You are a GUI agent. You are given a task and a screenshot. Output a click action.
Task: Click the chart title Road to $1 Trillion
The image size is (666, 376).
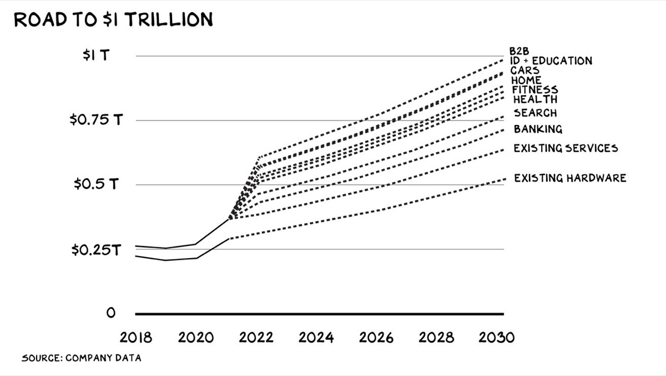point(113,19)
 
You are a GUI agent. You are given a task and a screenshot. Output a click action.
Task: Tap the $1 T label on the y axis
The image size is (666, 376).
point(95,56)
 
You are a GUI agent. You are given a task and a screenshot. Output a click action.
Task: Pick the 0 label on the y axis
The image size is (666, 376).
point(111,313)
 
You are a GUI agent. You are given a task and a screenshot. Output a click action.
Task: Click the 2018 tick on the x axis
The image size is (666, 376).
point(135,338)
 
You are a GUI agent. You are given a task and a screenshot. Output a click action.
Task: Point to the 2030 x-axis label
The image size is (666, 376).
point(497,338)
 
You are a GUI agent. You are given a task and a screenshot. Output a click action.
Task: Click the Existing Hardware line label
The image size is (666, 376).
point(570,178)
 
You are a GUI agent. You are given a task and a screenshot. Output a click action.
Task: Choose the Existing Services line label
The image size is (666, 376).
point(566,148)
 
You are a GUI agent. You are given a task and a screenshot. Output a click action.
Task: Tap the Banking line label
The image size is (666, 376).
point(538,129)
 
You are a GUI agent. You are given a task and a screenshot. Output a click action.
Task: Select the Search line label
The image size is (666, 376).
point(535,113)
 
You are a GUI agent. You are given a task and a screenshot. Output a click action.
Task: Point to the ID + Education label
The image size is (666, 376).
point(551,61)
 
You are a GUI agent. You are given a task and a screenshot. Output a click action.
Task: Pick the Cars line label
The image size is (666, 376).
point(525,71)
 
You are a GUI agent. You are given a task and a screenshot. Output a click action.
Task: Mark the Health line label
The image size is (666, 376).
point(535,99)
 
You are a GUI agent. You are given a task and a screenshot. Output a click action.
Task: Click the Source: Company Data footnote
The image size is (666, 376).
point(81,358)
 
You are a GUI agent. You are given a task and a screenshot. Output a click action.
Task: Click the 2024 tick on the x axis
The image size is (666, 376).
point(316,338)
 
